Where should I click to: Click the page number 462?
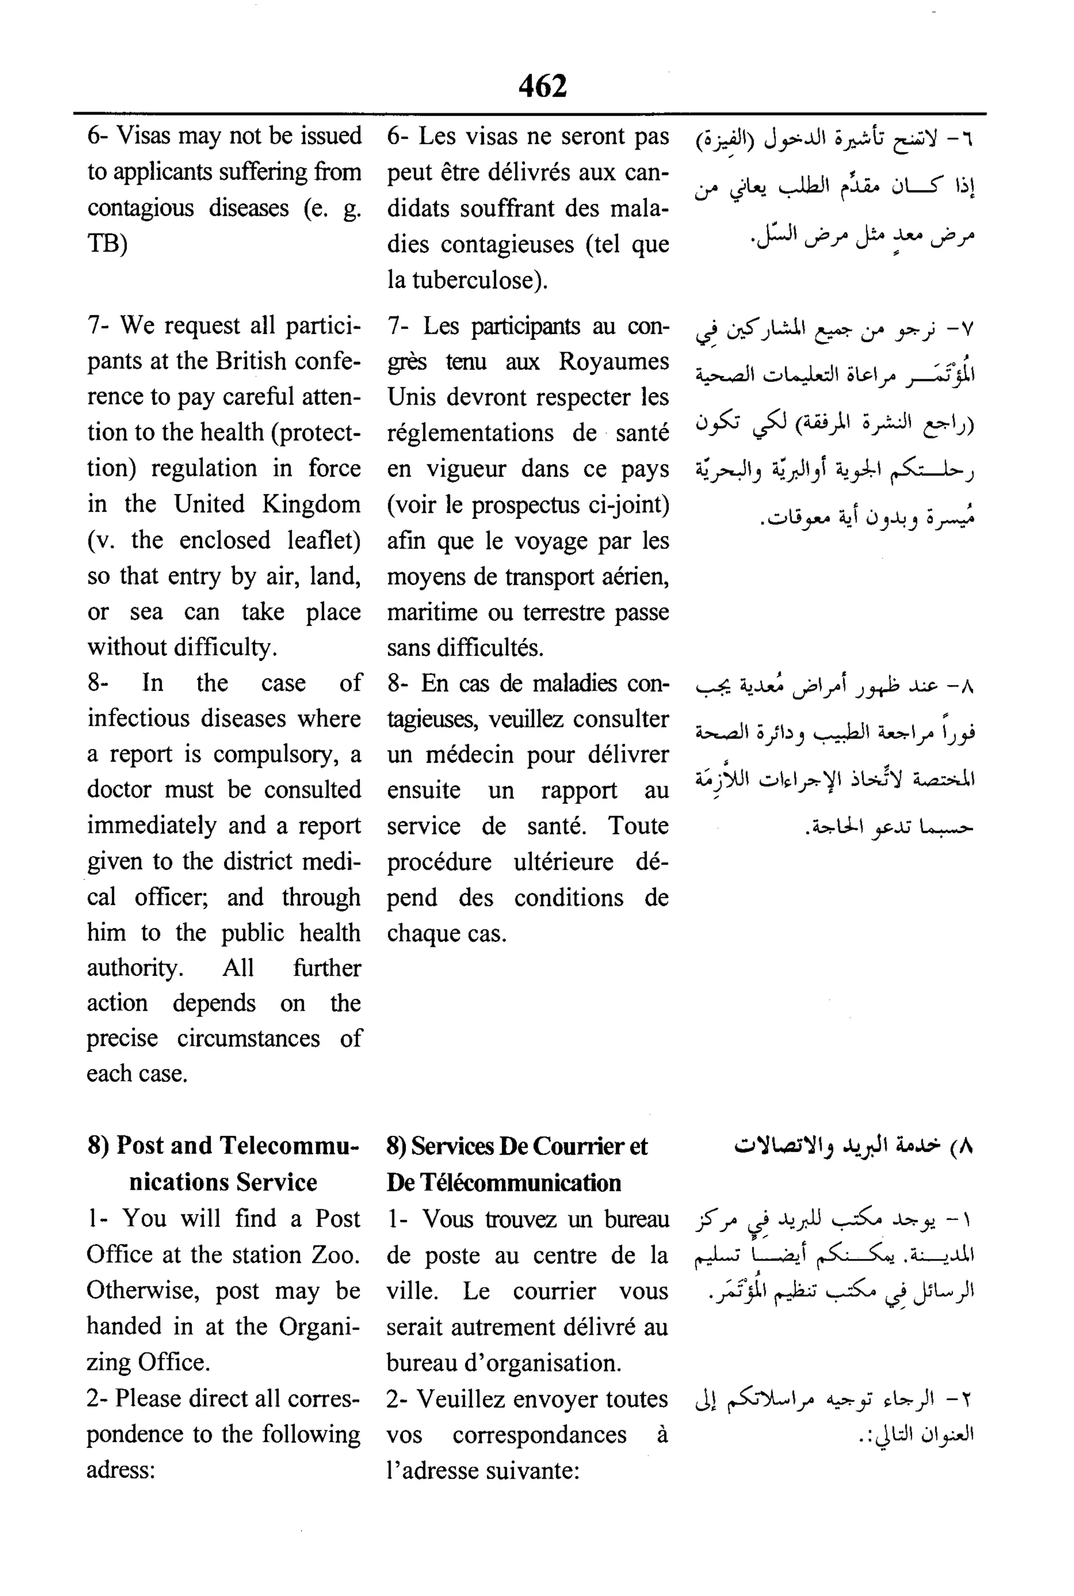pyautogui.click(x=542, y=87)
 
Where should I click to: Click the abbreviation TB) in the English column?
pyautogui.click(x=107, y=243)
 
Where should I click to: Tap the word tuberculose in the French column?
pyautogui.click(x=476, y=280)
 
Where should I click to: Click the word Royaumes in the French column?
pyautogui.click(x=613, y=361)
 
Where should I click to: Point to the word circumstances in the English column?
pyautogui.click(x=248, y=1038)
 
